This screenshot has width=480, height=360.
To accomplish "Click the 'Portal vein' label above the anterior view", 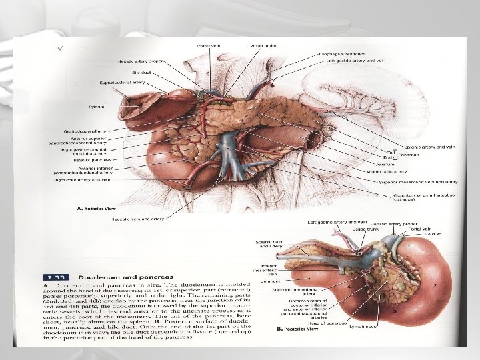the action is click(x=206, y=45).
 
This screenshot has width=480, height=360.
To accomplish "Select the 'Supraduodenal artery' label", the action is click(x=121, y=83).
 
